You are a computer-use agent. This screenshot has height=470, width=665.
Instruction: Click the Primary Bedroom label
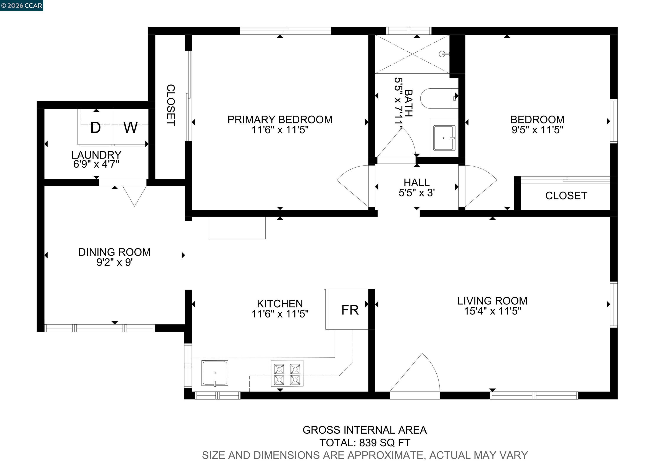coord(280,119)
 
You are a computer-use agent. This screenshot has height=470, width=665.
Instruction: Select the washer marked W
coord(130,128)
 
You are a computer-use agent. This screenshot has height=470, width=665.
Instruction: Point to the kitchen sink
coord(215,373)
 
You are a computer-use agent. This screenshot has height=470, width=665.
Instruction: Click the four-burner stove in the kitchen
coord(287,373)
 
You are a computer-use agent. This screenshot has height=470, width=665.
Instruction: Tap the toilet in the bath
coord(439,99)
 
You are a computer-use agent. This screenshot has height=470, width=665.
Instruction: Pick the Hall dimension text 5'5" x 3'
coord(416,193)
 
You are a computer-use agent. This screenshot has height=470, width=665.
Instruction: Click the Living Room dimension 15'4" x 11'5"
coord(492,311)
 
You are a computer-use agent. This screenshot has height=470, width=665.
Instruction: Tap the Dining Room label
coord(115,252)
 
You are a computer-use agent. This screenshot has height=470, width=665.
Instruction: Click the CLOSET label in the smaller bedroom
coord(566,196)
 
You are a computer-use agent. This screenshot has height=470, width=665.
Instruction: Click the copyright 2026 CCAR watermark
coord(22,5)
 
